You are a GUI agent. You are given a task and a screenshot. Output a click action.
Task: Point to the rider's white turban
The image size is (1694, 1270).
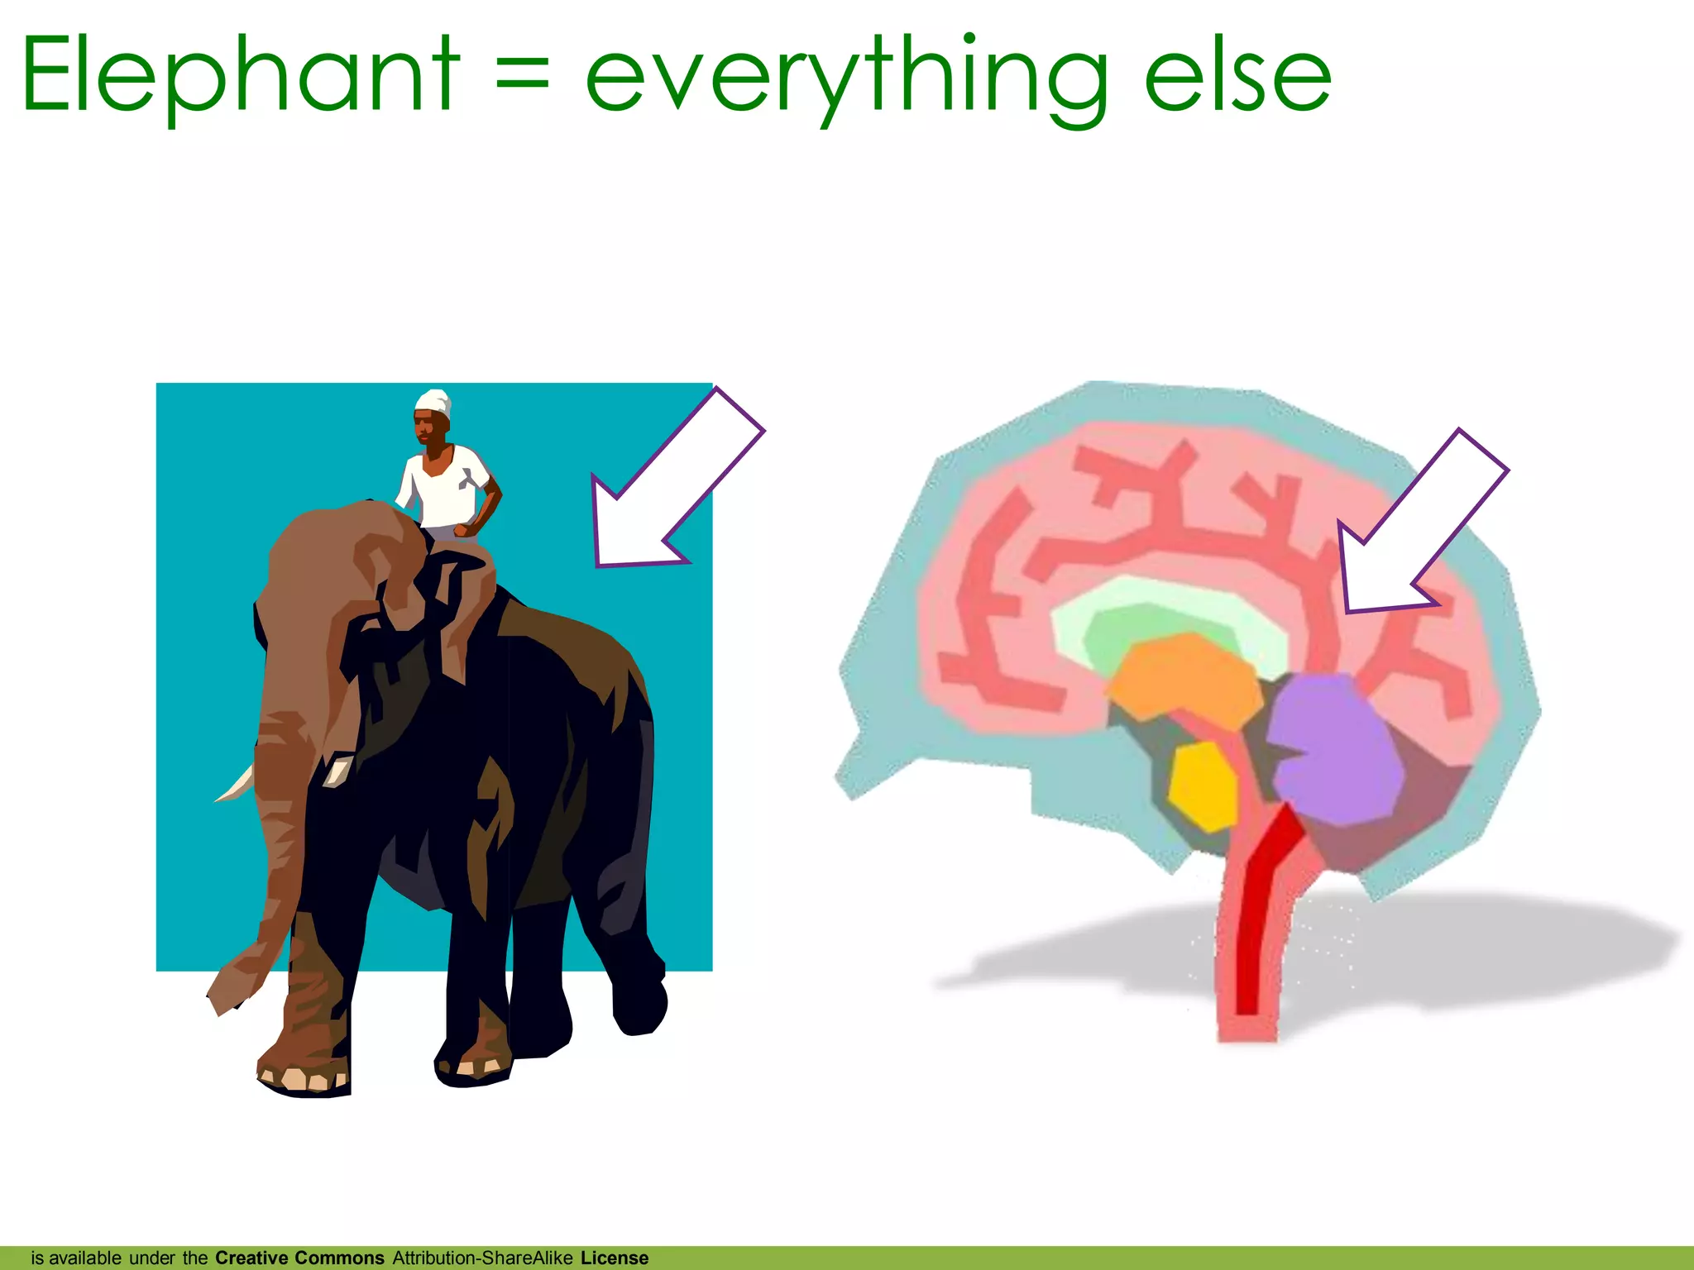[433, 403]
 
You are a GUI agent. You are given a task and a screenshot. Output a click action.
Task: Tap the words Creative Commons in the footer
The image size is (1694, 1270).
[299, 1258]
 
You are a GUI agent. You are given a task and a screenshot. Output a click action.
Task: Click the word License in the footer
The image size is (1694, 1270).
[614, 1258]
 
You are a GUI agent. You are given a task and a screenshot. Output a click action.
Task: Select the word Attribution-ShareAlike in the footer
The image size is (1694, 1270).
[482, 1258]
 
